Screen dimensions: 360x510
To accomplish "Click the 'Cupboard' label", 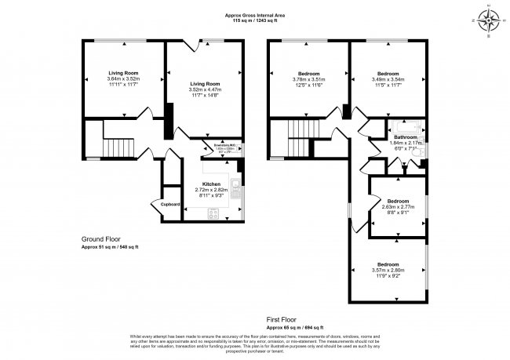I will (170, 205).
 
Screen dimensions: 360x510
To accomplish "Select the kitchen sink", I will (235, 188).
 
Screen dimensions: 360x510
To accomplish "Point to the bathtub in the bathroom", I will (405, 125).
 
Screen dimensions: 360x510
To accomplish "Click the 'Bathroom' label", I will (406, 136).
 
